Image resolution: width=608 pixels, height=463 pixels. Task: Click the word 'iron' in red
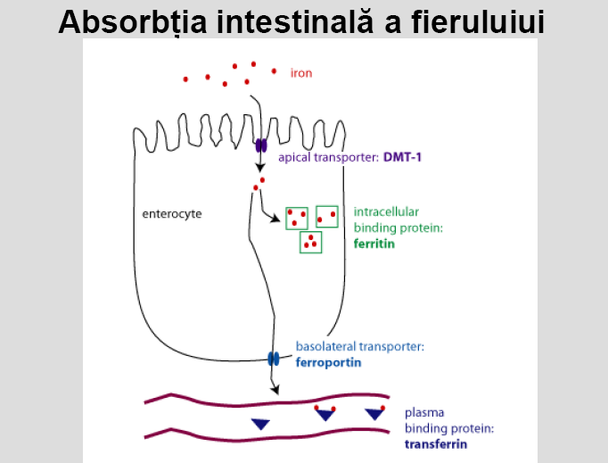click(301, 73)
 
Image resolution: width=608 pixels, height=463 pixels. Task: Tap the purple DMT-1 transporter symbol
click(261, 146)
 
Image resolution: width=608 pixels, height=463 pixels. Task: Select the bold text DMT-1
click(402, 157)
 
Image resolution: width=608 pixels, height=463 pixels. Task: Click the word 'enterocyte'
click(172, 214)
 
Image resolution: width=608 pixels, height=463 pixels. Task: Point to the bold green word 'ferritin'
click(374, 244)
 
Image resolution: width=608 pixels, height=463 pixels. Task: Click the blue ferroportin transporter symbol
click(274, 359)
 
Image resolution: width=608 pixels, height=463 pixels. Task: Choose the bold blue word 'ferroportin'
click(328, 362)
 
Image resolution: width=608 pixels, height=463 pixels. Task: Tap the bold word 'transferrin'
click(436, 444)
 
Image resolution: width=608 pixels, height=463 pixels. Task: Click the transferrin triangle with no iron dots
click(260, 424)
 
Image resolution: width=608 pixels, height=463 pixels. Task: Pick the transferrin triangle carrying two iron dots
click(325, 414)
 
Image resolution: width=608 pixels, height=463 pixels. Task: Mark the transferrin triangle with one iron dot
click(375, 413)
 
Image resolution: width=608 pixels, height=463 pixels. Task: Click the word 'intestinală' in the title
click(295, 22)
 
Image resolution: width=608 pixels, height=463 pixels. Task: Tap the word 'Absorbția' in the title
click(133, 23)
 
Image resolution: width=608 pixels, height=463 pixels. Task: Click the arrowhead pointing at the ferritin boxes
click(275, 219)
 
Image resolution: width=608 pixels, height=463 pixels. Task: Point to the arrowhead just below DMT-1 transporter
click(260, 168)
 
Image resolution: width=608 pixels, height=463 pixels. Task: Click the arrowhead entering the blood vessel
click(275, 390)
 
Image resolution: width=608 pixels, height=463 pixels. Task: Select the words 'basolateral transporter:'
click(360, 346)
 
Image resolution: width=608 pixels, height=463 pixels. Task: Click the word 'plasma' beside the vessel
click(424, 412)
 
